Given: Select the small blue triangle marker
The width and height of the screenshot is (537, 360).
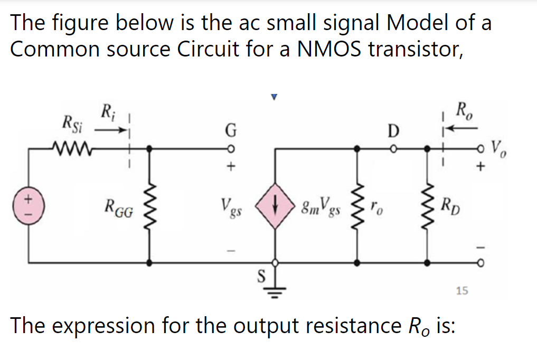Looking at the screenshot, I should click(x=274, y=97).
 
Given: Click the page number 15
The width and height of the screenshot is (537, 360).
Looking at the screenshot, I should click(x=461, y=290).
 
